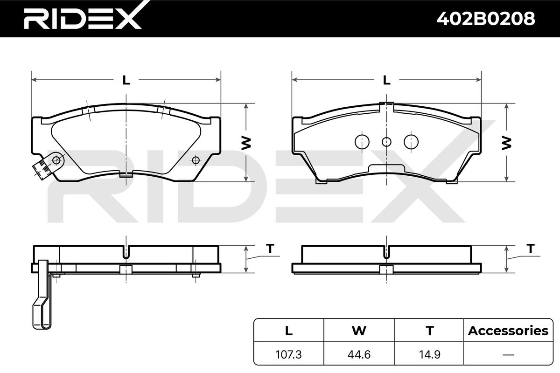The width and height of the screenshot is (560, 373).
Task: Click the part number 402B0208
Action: pos(486,19)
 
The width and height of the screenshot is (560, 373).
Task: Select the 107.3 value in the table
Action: pos(288,354)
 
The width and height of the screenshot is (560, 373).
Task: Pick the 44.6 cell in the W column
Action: pos(359,354)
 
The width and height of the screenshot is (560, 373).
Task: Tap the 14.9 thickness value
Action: pos(429,354)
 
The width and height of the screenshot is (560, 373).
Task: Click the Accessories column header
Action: pos(508,331)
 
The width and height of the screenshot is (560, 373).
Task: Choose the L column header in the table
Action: pos(289,331)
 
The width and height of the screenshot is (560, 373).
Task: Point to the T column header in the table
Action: pos(430,331)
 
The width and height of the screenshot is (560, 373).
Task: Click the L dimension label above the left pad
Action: pos(126,80)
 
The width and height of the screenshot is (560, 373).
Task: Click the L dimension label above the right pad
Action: pos(387,80)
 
